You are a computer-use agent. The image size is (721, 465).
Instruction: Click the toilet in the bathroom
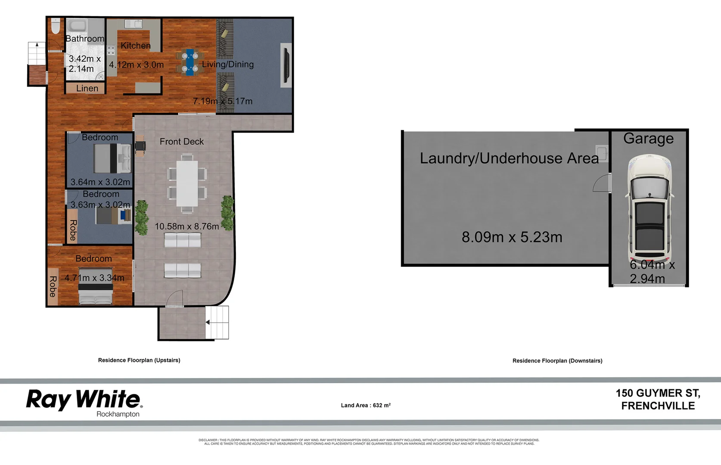coord(55,26)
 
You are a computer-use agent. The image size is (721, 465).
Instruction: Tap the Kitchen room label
coord(136,46)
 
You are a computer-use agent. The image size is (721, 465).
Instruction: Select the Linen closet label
coord(87,88)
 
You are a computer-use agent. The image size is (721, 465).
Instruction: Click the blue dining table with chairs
coord(190,62)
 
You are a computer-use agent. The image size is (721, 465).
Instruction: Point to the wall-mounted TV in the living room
coord(285,65)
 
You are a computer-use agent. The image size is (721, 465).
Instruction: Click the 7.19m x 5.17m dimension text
coord(222,101)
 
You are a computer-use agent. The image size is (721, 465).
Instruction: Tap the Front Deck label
coord(181,142)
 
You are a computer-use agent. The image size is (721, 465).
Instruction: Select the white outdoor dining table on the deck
coord(187,183)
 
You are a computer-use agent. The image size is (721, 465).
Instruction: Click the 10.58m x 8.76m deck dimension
coord(186,226)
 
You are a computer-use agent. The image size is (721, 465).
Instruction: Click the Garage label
coord(648,139)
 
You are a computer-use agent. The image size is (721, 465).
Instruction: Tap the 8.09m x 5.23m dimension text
coord(512,237)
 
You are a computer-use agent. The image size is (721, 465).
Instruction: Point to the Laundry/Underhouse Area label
coord(509,158)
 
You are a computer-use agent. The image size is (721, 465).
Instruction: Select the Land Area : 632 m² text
coord(366,405)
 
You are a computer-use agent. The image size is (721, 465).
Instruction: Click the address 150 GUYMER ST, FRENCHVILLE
coord(658,400)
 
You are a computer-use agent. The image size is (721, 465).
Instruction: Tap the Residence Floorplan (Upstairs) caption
coord(139,360)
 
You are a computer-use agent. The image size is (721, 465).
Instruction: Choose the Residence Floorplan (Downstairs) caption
coord(557,361)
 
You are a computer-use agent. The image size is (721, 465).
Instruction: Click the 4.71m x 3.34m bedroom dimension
coord(94,278)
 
